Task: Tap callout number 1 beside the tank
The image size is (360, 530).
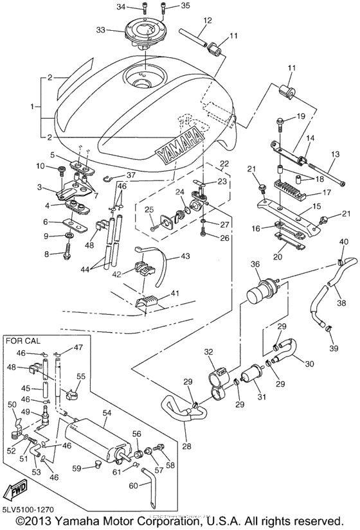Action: pyautogui.click(x=32, y=106)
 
